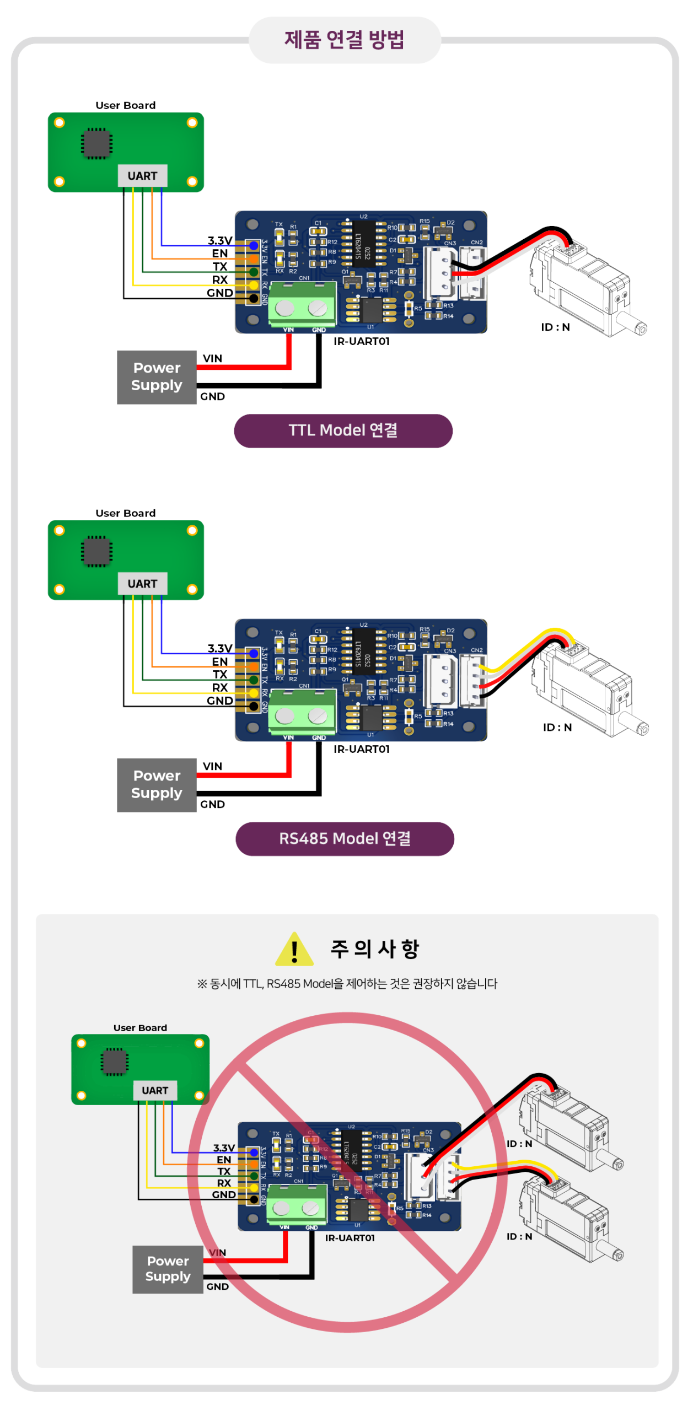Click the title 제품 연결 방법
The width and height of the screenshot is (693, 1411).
[x=345, y=40]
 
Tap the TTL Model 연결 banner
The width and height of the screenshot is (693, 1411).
[x=343, y=430]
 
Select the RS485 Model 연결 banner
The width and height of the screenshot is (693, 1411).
[x=345, y=838]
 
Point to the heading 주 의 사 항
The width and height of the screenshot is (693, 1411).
[x=375, y=949]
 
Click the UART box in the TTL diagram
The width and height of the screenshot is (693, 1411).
[x=142, y=176]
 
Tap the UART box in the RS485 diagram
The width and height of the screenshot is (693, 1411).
[x=142, y=584]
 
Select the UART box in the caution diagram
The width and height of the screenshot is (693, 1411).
[x=155, y=1090]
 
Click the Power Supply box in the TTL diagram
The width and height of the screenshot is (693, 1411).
[x=157, y=377]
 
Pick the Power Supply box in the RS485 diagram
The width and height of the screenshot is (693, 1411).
[x=157, y=785]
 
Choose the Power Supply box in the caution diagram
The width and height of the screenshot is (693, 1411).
[x=168, y=1269]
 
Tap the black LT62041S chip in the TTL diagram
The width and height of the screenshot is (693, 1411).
[x=363, y=245]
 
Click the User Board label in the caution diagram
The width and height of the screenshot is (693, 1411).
[x=140, y=1028]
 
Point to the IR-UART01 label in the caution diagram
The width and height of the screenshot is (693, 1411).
[x=350, y=1238]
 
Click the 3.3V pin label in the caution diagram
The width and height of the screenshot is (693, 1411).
[x=224, y=1148]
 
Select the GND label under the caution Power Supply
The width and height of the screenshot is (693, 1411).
[x=217, y=1286]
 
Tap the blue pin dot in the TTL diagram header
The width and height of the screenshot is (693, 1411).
[x=254, y=246]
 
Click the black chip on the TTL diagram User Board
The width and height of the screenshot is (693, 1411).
[x=97, y=143]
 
